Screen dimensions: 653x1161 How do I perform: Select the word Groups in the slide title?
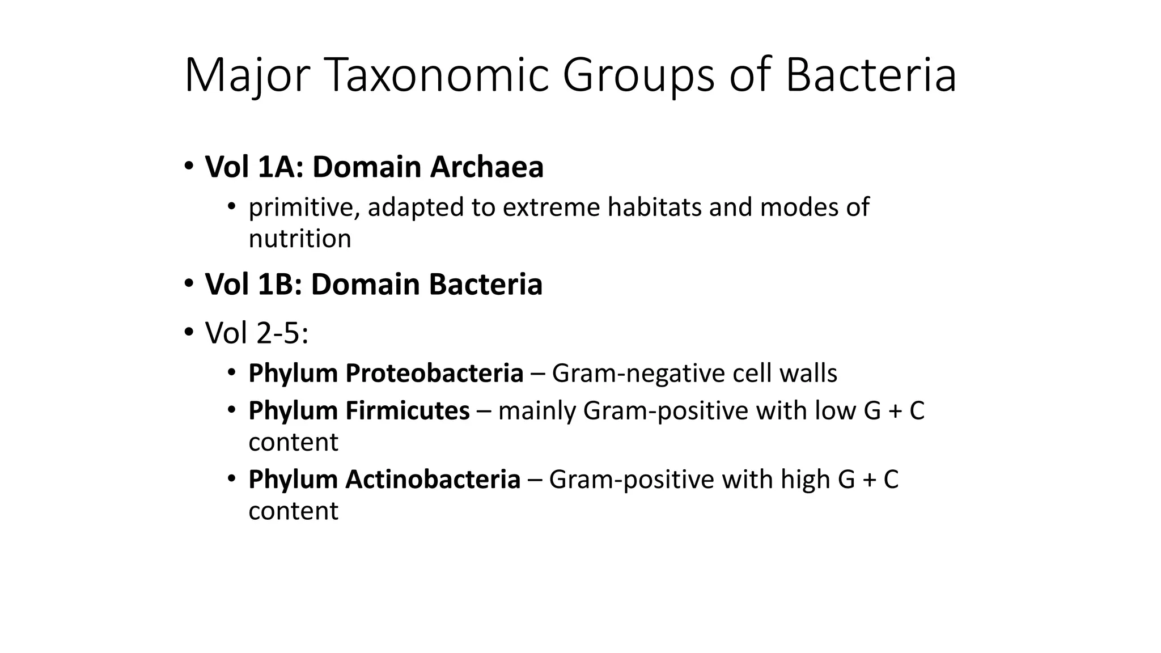coord(638,77)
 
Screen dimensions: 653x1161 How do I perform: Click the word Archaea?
coord(486,167)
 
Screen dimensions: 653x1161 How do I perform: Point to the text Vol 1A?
coord(255,167)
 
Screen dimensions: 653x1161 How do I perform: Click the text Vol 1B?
coord(254,284)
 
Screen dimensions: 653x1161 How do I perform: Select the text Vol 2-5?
coord(257,333)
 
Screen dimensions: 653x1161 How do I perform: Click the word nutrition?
coord(300,239)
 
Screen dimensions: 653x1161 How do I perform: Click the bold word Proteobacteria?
coord(434,373)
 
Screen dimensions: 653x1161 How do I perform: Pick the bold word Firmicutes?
coord(408,410)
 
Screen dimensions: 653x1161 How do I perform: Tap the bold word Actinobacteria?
coord(433,479)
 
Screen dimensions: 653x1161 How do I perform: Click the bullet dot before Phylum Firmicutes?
coord(231,409)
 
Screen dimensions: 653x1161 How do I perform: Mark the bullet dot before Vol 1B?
coord(188,283)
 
